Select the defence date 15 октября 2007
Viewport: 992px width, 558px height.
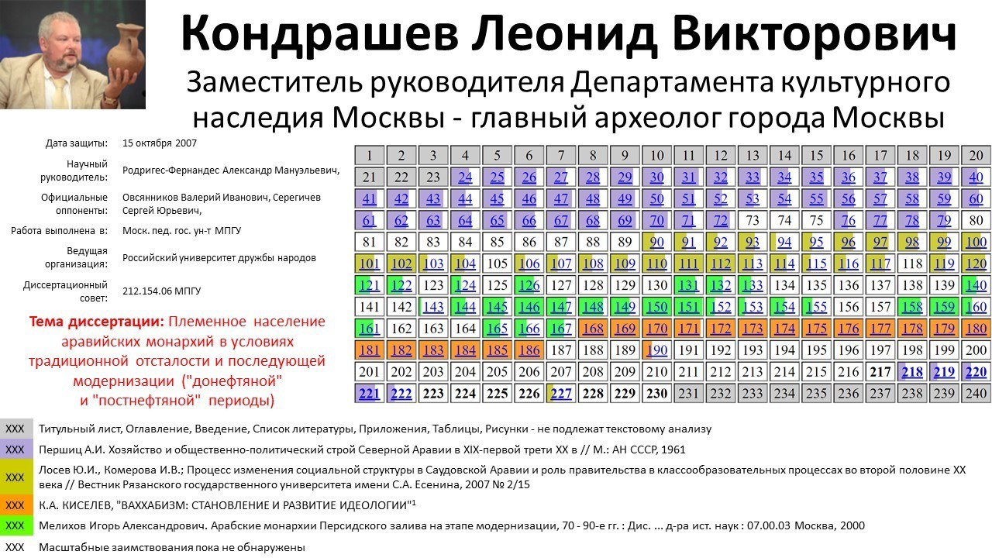(160, 143)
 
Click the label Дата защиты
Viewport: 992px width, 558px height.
(76, 143)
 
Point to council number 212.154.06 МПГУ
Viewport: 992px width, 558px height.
(162, 291)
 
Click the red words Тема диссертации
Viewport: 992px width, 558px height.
(97, 321)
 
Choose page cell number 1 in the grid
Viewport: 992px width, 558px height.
(370, 156)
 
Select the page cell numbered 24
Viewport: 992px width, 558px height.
(465, 177)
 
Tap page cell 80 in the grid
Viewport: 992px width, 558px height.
(976, 220)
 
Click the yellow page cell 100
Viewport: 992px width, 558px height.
(976, 242)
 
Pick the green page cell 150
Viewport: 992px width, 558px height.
(656, 306)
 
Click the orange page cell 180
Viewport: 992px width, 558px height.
(976, 328)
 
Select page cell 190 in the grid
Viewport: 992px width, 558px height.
(656, 350)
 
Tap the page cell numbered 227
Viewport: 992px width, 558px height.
(560, 393)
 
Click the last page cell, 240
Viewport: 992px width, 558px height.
(976, 393)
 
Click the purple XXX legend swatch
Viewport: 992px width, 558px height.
(16, 449)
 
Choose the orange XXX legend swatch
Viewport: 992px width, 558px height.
(16, 505)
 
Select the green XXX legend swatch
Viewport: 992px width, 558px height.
(16, 525)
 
